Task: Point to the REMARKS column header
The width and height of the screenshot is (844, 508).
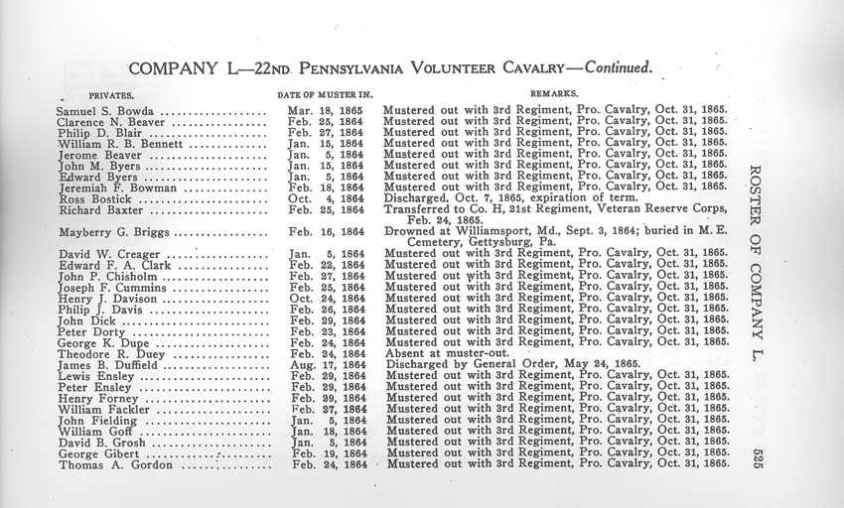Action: (x=560, y=92)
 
